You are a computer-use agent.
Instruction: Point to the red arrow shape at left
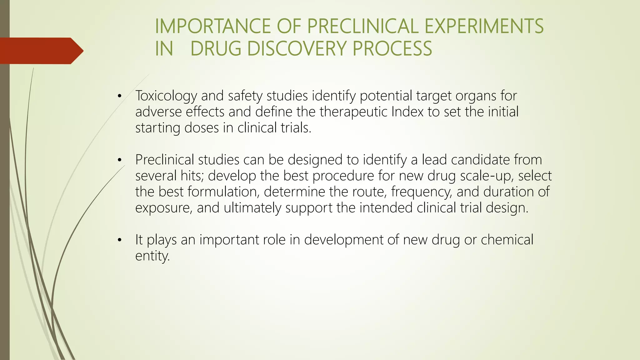coord(41,51)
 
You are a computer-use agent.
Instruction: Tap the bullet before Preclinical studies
coord(119,161)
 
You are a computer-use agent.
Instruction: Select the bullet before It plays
coord(119,240)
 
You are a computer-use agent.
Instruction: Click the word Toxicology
coord(166,96)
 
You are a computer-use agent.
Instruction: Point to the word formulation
coord(223,192)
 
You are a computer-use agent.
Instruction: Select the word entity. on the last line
coord(152,256)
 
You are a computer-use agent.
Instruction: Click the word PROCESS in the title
coord(392,49)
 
